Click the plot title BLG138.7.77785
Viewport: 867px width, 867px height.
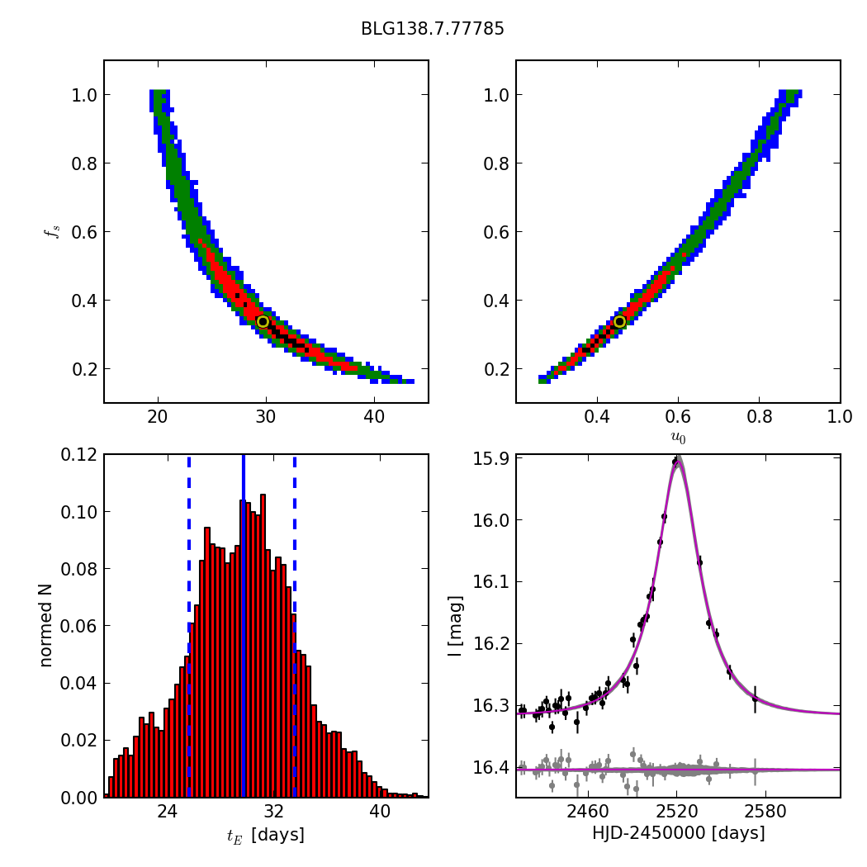(432, 29)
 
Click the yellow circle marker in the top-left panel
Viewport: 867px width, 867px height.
(263, 321)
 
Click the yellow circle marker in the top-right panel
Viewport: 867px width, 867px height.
(619, 321)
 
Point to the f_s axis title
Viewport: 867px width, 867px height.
(51, 231)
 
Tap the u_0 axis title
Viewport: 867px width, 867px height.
(678, 438)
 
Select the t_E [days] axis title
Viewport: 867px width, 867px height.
(266, 835)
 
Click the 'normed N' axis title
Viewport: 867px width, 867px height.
(46, 625)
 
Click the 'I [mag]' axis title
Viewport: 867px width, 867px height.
(455, 625)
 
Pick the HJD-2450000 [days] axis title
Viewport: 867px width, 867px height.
(678, 833)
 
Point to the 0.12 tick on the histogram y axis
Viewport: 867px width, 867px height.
(79, 455)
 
